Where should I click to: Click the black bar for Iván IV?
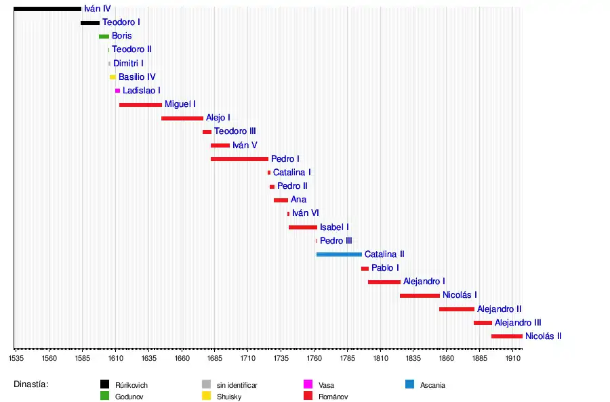(x=47, y=9)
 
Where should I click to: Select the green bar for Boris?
(x=104, y=37)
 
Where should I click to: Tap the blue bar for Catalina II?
(x=339, y=254)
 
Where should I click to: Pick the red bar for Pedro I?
(x=239, y=159)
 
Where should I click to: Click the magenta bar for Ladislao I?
(x=117, y=91)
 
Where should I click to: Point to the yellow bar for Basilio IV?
(x=113, y=77)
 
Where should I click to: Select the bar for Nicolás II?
(x=506, y=336)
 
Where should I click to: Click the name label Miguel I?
(x=180, y=104)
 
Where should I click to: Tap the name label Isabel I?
(x=335, y=227)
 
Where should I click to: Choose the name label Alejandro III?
(x=518, y=323)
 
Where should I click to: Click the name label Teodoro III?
(x=235, y=131)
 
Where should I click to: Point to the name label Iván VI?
(x=306, y=213)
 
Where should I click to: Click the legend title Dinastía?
(x=30, y=384)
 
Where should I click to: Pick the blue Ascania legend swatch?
(x=409, y=384)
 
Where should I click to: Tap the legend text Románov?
(x=333, y=397)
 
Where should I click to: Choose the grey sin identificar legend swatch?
(x=207, y=384)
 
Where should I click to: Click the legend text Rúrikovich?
(x=131, y=385)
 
